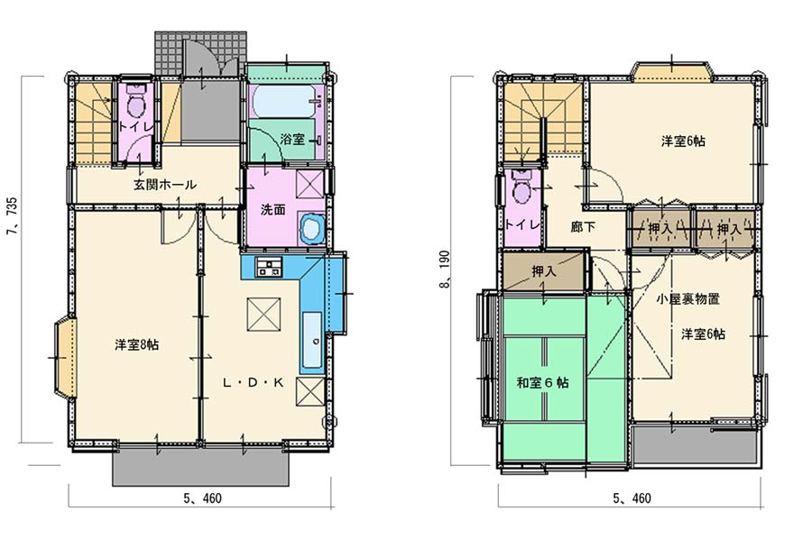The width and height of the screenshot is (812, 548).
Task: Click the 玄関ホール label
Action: coord(165,184)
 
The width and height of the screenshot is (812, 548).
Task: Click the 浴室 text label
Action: coord(292,139)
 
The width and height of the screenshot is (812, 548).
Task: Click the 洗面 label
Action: coord(272,210)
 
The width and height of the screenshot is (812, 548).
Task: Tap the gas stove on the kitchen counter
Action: coord(269,268)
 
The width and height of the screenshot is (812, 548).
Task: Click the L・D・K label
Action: coord(253,383)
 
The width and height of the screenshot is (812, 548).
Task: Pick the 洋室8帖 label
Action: coord(137,344)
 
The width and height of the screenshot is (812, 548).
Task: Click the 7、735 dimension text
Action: coord(12,215)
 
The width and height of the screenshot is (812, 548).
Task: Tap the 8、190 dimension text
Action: coord(445,270)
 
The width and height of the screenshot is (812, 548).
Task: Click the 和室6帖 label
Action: coord(542,382)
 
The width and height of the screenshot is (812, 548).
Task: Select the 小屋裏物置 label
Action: coord(687,298)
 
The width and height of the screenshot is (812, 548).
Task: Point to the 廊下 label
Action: coord(583,226)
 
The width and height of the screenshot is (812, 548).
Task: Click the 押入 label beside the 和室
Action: coord(544,270)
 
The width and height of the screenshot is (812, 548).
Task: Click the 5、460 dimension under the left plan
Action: coord(202,498)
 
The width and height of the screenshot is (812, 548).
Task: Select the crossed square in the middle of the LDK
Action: coord(263,314)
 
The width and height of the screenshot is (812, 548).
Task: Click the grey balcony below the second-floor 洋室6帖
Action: coord(696,445)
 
